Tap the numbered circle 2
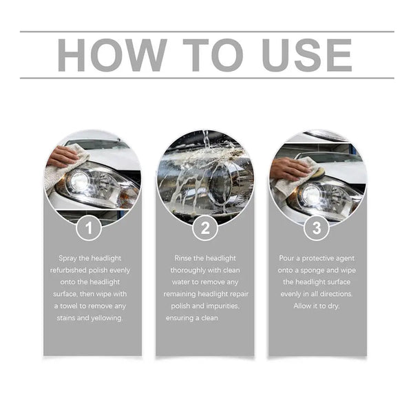[x=204, y=228]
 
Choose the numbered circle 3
[x=317, y=228]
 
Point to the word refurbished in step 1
[x=70, y=271]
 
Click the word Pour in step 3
[x=287, y=258]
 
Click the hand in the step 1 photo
[x=63, y=156]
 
